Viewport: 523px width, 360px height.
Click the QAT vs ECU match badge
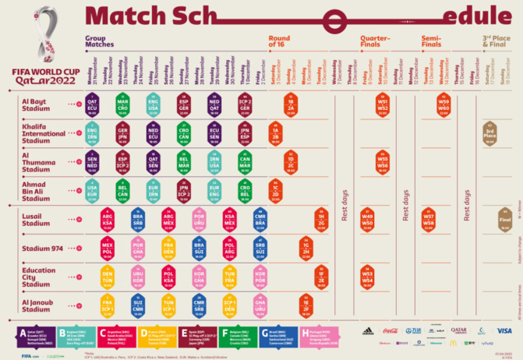(92, 104)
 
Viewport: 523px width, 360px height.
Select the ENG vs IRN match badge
(92, 132)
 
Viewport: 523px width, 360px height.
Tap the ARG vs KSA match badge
(108, 219)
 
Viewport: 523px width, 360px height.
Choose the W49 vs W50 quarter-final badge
(367, 220)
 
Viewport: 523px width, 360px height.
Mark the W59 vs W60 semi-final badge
(443, 104)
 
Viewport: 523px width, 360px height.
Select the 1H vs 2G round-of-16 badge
(321, 220)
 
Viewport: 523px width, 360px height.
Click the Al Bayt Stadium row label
(37, 104)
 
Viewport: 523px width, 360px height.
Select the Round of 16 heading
(279, 41)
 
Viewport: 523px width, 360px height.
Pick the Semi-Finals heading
(431, 41)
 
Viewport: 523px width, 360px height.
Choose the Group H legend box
(320, 336)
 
